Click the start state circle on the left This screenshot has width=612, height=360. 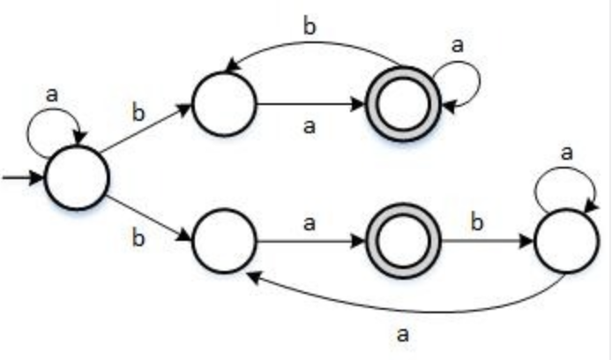(x=77, y=177)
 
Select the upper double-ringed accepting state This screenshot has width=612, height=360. (x=402, y=104)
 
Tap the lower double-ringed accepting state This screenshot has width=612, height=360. (x=402, y=240)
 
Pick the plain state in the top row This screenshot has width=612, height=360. (x=223, y=104)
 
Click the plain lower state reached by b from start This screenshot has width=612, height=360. (x=223, y=240)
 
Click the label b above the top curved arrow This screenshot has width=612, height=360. (x=310, y=26)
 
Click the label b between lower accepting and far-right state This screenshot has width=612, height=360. (x=478, y=221)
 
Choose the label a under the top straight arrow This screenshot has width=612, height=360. (x=309, y=126)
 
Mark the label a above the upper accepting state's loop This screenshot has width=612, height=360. (x=457, y=45)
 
